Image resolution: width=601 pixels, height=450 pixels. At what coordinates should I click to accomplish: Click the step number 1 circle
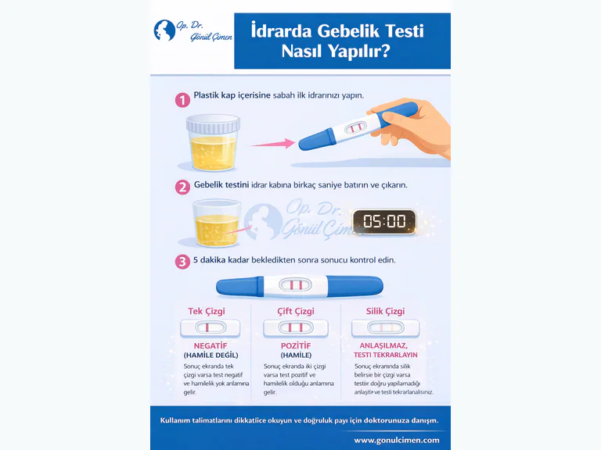(182, 100)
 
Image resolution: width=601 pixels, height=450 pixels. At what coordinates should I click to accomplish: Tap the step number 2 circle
(182, 187)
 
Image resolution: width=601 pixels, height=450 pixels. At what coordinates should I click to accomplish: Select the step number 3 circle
(182, 261)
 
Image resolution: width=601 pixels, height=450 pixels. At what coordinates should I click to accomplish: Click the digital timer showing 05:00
(383, 221)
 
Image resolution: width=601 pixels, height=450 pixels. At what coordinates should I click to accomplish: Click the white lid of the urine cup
(212, 124)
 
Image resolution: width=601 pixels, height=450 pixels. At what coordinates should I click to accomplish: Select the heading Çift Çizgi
(296, 311)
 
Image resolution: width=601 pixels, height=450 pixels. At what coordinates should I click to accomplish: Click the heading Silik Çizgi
(385, 311)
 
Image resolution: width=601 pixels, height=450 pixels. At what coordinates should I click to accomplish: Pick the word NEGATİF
(210, 345)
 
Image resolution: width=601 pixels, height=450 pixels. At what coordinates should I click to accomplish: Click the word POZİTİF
(296, 345)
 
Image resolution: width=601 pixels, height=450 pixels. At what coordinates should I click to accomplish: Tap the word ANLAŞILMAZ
(385, 345)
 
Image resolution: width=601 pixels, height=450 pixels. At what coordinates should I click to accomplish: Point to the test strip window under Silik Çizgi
(385, 327)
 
